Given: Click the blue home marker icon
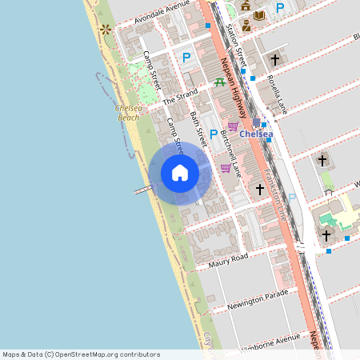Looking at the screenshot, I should point(180,173).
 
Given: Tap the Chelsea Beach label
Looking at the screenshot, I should point(128,112).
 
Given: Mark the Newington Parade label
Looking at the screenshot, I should point(257,301).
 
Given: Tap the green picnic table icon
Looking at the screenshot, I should point(219,82).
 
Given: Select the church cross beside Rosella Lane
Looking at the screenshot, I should point(274,59).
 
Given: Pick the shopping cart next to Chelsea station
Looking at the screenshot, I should point(233,126).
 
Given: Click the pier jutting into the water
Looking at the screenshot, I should point(142,190).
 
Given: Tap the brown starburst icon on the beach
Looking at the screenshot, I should point(106,30).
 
